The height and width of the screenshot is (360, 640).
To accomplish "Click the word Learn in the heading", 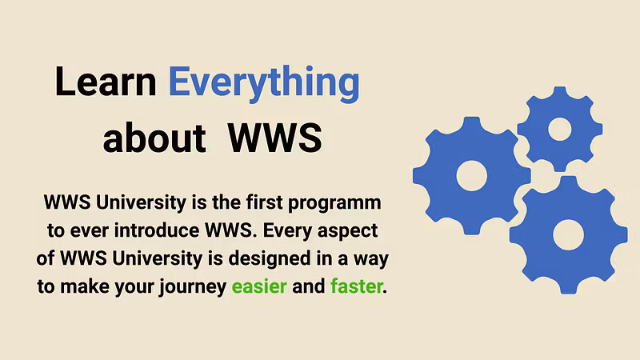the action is pos(106,82).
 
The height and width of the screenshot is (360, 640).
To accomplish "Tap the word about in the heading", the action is pos(154,138).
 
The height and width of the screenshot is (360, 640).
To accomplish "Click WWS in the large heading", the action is pos(275,138).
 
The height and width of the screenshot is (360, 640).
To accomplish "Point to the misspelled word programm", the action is pos(334,204).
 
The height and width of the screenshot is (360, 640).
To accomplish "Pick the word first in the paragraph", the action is pos(264,202).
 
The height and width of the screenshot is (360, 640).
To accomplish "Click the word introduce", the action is pos(157,230).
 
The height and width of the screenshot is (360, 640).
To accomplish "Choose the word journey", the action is pos(193,287).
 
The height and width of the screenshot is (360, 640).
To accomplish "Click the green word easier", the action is pos(259,286).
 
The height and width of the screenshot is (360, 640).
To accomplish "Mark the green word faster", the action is pos(356,286).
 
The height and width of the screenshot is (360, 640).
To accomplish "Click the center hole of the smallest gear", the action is pos(559,130).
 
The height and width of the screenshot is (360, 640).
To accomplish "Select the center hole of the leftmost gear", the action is pos(471,176).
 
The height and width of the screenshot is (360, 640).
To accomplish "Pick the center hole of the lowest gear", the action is pos(568,235).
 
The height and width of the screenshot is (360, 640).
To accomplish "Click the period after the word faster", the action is pos(385,292).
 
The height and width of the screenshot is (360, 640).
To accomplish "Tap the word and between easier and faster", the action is pos(309,286).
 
